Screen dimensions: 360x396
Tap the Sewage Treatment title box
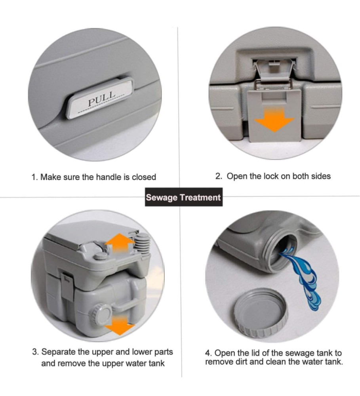tap(184, 197)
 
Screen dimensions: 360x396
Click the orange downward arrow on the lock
tap(274, 119)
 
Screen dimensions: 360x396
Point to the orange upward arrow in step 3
tap(119, 243)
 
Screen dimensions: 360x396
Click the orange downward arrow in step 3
tap(120, 326)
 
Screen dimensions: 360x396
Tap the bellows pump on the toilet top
tap(143, 244)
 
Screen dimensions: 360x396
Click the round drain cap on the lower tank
tap(100, 315)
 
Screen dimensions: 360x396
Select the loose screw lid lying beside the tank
tap(261, 312)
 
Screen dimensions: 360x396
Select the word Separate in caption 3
tap(58, 352)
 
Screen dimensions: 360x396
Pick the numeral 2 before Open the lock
tap(219, 176)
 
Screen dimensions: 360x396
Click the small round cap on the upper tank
tap(101, 256)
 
